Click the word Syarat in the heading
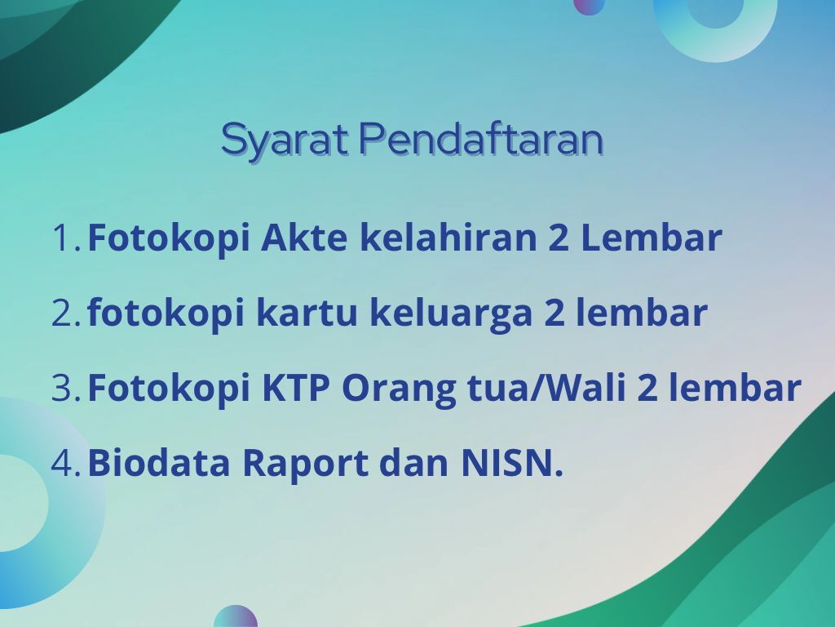coord(285,140)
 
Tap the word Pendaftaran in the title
coord(481,139)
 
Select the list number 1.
coord(65,238)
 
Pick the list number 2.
coord(65,313)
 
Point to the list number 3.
coord(65,388)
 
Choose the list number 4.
coord(65,462)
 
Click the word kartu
coord(307,313)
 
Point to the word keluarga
coord(450,314)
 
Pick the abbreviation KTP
coord(296,388)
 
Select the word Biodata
coord(159,462)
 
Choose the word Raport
coord(305,465)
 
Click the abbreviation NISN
coord(512,462)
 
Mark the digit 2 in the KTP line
coord(647,388)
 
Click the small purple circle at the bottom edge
coord(236,616)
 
